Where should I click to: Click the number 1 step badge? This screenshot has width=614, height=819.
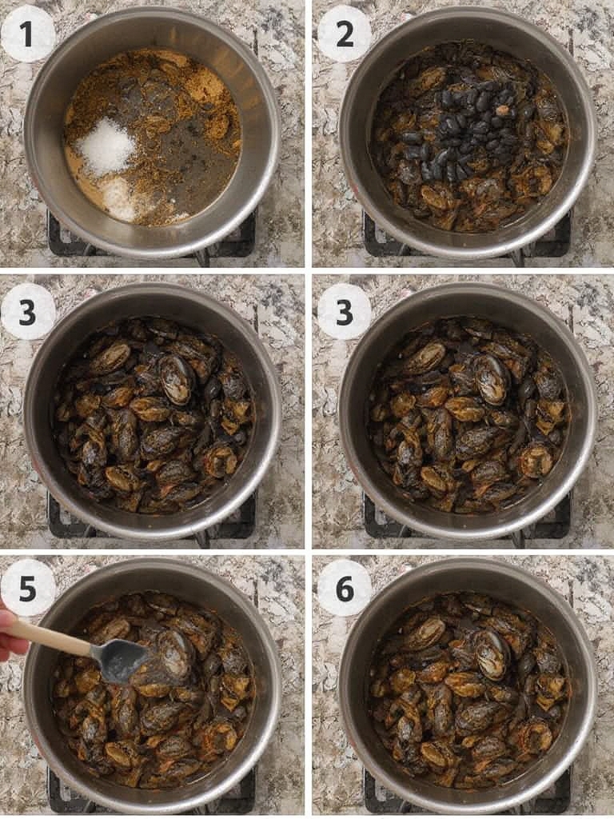(x=28, y=34)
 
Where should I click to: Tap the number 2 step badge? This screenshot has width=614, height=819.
(x=344, y=34)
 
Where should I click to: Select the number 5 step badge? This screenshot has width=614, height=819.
(x=28, y=588)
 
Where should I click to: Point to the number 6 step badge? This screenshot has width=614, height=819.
(x=344, y=588)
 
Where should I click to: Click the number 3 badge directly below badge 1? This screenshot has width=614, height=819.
(x=28, y=311)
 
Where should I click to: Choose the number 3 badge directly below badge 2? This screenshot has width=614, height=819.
(x=344, y=311)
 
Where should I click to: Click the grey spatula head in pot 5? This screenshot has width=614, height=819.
(x=120, y=660)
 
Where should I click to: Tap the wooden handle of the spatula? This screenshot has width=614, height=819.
(x=56, y=636)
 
